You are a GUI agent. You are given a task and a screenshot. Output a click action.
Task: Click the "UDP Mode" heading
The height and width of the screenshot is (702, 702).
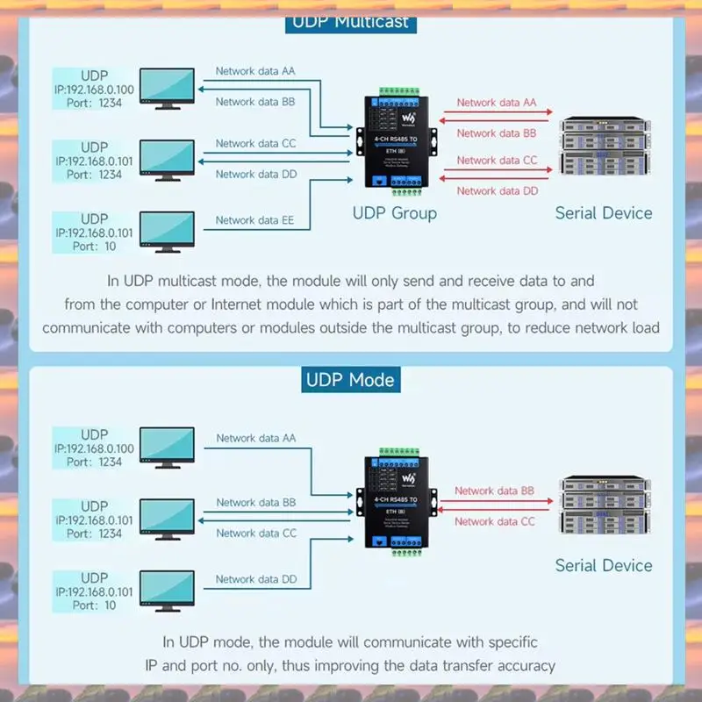[350, 380]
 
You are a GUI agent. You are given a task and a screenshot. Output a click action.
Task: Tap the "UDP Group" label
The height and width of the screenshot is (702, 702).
[394, 212]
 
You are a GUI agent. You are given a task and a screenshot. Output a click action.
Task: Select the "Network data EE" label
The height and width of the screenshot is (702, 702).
[254, 220]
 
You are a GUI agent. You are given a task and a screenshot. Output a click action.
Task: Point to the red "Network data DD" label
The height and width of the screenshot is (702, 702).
[497, 190]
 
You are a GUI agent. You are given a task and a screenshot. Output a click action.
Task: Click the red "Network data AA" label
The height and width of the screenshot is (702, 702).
[497, 103]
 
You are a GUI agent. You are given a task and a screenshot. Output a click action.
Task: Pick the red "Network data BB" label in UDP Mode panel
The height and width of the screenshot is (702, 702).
[495, 491]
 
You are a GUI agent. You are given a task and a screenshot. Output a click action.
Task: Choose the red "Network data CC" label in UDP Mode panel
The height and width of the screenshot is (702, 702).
[495, 521]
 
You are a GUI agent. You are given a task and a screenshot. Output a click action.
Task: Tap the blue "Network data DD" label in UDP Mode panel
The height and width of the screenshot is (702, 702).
[255, 579]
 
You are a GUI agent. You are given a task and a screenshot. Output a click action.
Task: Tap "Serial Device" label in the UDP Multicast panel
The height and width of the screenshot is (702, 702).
[604, 212]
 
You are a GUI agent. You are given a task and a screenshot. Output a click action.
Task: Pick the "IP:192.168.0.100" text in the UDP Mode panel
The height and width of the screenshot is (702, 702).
[94, 448]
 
